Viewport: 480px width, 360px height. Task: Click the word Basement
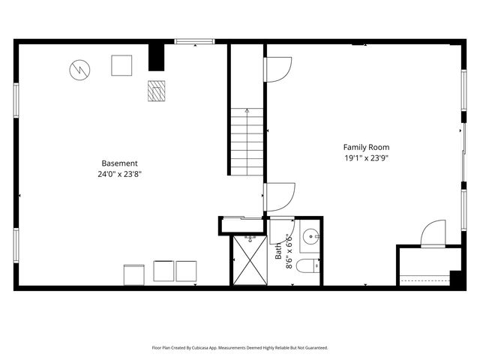point(120,163)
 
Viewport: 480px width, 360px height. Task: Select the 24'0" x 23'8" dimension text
point(120,174)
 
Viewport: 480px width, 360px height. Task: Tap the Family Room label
point(366,147)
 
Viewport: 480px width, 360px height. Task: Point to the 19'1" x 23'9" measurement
point(366,158)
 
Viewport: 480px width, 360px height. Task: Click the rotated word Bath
point(278,250)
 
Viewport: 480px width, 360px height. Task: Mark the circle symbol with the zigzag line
point(79,70)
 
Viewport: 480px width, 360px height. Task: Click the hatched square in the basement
point(156,91)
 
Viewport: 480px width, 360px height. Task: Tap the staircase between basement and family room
point(247,142)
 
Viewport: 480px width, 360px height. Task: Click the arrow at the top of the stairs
point(247,111)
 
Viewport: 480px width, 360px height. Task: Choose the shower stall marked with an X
point(249,260)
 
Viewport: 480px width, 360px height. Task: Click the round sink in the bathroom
point(310,239)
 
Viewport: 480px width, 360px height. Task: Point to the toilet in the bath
point(307,265)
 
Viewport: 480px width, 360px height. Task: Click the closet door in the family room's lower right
point(433,234)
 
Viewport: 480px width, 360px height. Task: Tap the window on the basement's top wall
point(195,42)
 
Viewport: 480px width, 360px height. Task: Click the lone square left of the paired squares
point(134,274)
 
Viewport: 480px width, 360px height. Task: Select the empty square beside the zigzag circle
point(121,65)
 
